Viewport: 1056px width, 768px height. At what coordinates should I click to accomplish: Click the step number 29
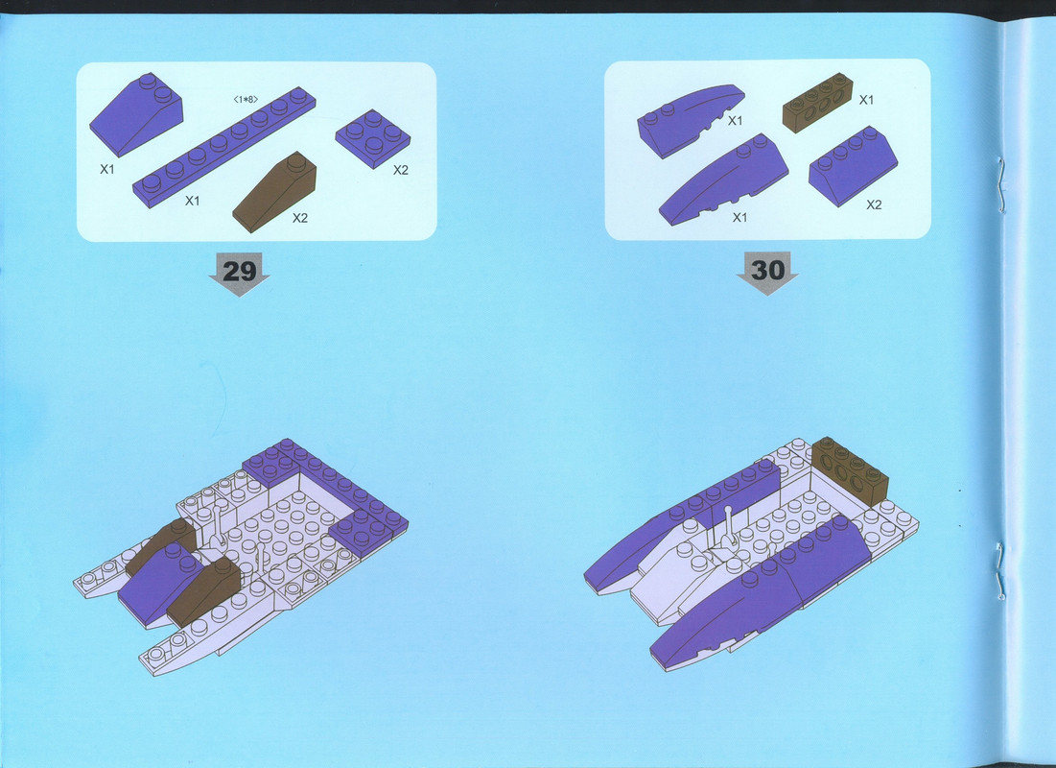(239, 271)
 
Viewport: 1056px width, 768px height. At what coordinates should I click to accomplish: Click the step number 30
(767, 271)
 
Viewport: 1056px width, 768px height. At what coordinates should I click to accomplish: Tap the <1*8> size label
(246, 99)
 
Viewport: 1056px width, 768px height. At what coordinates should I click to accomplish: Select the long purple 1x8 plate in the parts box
(223, 146)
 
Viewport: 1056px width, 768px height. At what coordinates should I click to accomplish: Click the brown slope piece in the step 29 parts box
(274, 191)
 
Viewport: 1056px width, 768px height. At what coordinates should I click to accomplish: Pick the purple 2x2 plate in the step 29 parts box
(372, 138)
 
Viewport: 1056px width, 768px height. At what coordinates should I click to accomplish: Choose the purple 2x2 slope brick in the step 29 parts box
(136, 113)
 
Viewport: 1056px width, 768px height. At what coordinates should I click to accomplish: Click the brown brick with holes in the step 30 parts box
(817, 103)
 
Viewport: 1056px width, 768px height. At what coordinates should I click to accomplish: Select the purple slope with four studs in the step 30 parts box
(853, 165)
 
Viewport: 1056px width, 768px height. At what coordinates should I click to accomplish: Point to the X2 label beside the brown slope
(299, 218)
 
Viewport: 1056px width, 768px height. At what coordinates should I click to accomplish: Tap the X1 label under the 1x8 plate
(193, 201)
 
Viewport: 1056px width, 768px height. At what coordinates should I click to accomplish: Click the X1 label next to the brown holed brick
(866, 100)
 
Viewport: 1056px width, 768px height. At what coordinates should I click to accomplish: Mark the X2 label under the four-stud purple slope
(874, 204)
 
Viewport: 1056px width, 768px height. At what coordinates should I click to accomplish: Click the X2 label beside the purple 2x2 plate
(401, 170)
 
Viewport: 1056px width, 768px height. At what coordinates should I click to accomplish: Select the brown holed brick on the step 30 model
(850, 470)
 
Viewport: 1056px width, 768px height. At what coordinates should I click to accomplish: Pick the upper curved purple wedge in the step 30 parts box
(691, 120)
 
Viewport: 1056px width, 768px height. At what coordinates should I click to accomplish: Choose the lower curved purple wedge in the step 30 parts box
(723, 180)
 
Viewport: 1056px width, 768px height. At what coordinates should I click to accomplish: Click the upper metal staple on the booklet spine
(1000, 183)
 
